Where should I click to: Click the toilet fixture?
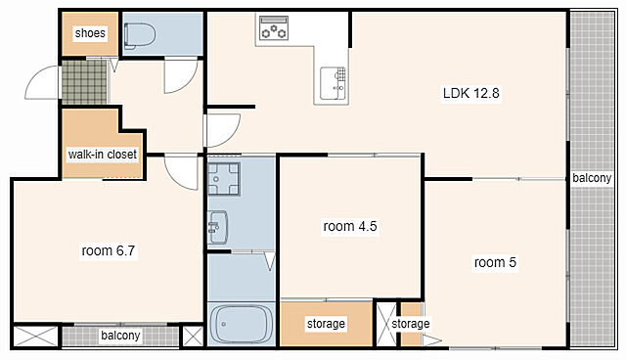(x=139, y=35)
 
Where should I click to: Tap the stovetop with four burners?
(x=274, y=27)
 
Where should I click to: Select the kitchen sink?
(x=334, y=83)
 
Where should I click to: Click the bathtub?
(x=241, y=324)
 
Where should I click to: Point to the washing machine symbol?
(x=224, y=179)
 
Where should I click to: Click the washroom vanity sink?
(x=218, y=228)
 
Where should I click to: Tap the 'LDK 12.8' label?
(x=471, y=93)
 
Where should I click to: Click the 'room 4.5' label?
(x=350, y=226)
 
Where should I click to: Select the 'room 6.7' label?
(x=109, y=251)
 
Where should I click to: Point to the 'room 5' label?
(x=495, y=262)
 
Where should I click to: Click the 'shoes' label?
(x=90, y=32)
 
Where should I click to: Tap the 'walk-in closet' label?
(x=102, y=154)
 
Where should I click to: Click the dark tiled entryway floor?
(x=84, y=82)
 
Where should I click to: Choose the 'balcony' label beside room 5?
(x=592, y=178)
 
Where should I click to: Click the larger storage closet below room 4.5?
(x=326, y=323)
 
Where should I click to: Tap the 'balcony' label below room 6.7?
(x=120, y=336)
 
